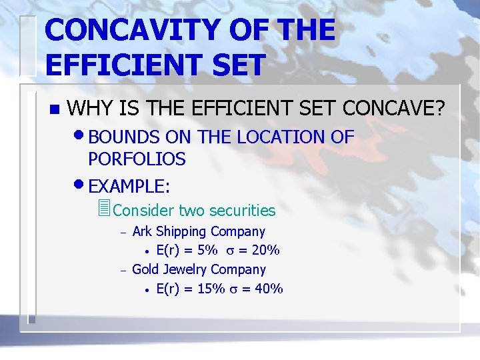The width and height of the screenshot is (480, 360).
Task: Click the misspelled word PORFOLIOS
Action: [137, 159]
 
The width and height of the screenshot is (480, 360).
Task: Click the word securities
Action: [242, 211]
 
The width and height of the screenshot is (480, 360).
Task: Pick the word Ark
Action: [142, 232]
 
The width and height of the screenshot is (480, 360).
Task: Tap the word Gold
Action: [146, 270]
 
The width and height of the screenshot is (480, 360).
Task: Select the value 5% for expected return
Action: [208, 251]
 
